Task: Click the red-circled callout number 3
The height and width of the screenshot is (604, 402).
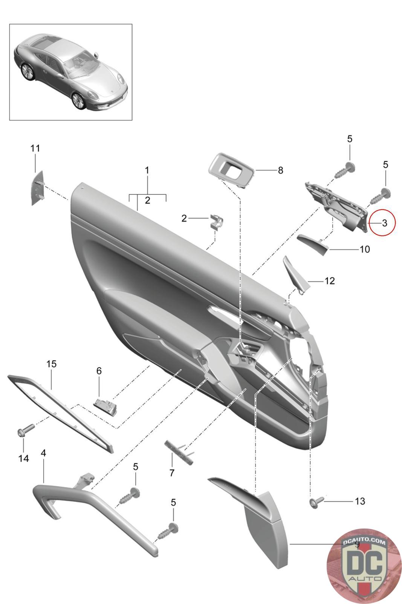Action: click(x=384, y=223)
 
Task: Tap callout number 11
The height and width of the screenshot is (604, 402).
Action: click(x=35, y=148)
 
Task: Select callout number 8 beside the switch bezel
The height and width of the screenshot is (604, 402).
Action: click(x=280, y=171)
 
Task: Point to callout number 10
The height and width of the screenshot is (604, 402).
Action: click(x=365, y=250)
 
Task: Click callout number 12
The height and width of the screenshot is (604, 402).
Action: click(x=329, y=281)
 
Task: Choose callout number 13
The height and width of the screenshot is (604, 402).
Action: click(x=360, y=501)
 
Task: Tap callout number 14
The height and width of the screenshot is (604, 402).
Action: click(x=23, y=458)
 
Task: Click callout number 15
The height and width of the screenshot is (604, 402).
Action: click(x=51, y=364)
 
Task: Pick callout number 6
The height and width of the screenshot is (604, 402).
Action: click(x=99, y=371)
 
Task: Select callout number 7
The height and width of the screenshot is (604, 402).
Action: click(x=172, y=472)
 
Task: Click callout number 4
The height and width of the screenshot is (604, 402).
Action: click(x=43, y=453)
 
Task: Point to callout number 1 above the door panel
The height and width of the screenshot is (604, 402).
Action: click(x=147, y=170)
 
